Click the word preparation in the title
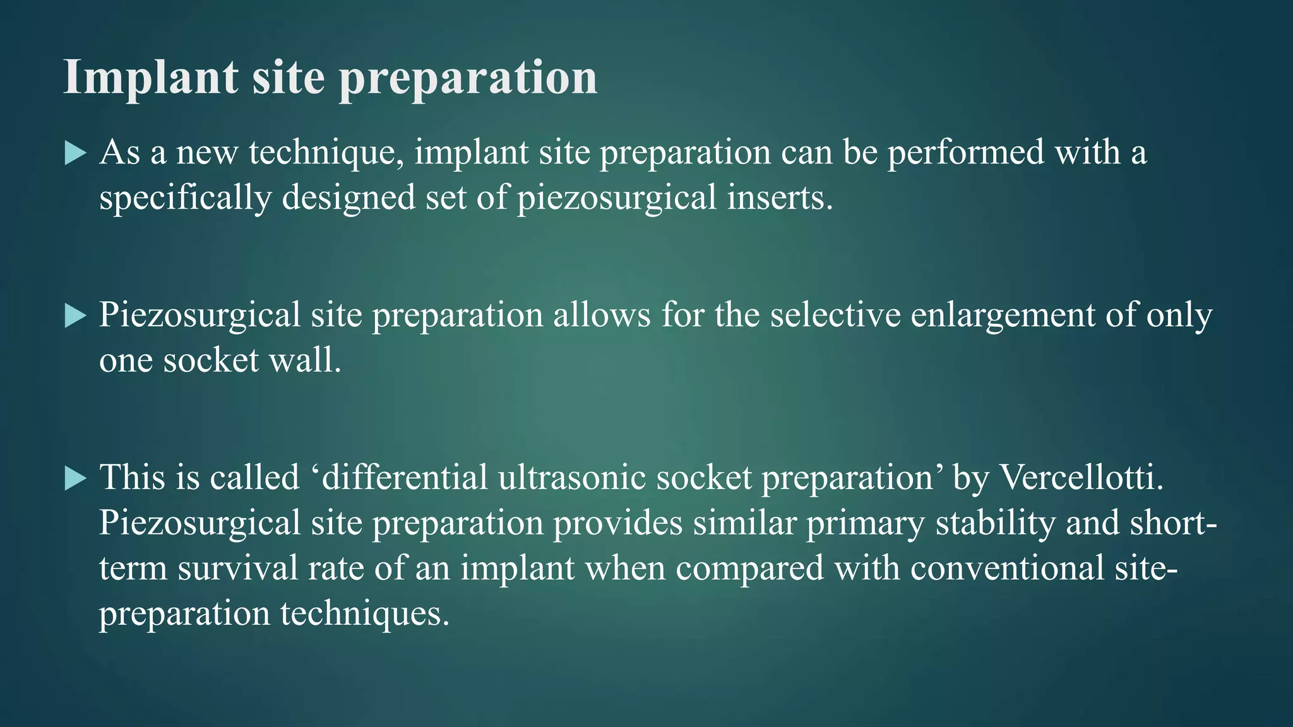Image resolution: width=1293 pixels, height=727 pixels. coord(468,80)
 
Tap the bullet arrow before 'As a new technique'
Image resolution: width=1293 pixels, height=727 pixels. coord(75,153)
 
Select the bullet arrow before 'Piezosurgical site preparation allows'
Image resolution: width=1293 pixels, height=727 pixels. coord(75,316)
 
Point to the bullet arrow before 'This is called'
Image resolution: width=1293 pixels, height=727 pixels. coord(75,478)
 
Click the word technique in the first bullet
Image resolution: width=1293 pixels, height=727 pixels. coord(326,153)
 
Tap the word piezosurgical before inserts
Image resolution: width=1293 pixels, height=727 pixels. coord(617,199)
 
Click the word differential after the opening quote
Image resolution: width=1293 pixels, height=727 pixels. coord(405,477)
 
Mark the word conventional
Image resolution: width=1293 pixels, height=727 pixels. coord(1007,568)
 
